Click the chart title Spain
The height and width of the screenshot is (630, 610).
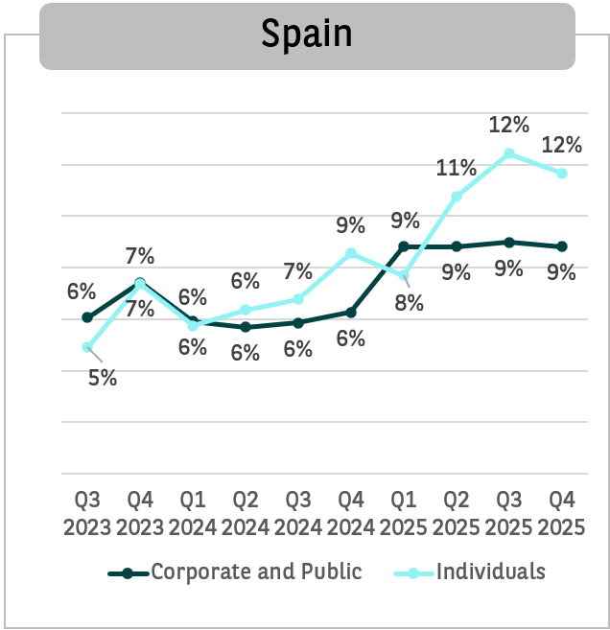[x=307, y=35]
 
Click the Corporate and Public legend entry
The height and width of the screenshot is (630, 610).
[x=256, y=572]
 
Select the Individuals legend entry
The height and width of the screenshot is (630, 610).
[x=490, y=572]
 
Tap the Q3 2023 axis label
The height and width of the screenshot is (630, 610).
[x=87, y=514]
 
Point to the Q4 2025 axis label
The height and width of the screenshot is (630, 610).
[x=562, y=514]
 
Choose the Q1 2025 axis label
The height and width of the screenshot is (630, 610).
[x=404, y=514]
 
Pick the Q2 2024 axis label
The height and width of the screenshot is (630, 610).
[x=246, y=514]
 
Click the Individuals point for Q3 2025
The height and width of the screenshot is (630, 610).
[x=509, y=153]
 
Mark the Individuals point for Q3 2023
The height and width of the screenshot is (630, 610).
[x=87, y=347]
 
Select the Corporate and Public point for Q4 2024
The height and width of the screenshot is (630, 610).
[x=351, y=313]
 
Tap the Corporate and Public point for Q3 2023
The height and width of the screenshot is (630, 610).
[x=87, y=317]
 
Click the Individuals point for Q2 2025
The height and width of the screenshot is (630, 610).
[x=457, y=197]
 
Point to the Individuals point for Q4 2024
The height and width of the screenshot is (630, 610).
[x=351, y=253]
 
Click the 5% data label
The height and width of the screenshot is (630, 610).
[x=103, y=378]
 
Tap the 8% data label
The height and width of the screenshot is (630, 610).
[x=410, y=304]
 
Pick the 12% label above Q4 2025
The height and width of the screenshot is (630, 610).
[x=562, y=145]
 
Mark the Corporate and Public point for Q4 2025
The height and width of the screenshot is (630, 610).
[x=562, y=246]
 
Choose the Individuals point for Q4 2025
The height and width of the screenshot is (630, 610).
[x=562, y=174]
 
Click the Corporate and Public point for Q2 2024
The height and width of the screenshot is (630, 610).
[x=246, y=327]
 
